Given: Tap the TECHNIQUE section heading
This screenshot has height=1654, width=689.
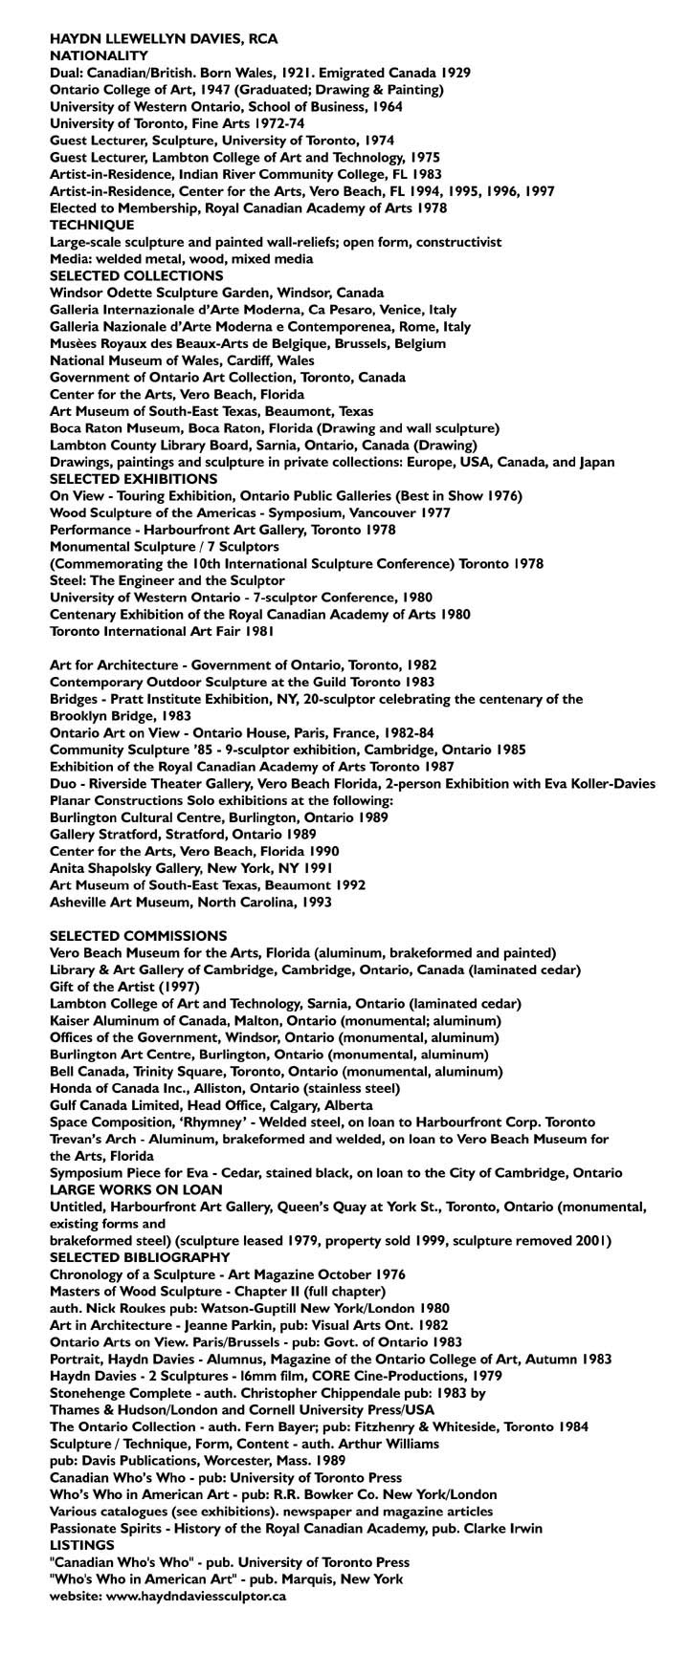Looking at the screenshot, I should point(92,225).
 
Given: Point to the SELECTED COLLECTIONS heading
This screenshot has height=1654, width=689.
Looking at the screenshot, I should point(137,275).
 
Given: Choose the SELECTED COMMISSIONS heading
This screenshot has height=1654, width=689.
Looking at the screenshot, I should point(139,935).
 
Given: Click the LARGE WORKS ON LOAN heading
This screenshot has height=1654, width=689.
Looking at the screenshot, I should point(136,1189).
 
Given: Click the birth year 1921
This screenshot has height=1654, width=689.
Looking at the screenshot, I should point(316,73).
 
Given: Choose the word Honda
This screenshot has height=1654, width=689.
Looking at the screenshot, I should point(70,1088).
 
